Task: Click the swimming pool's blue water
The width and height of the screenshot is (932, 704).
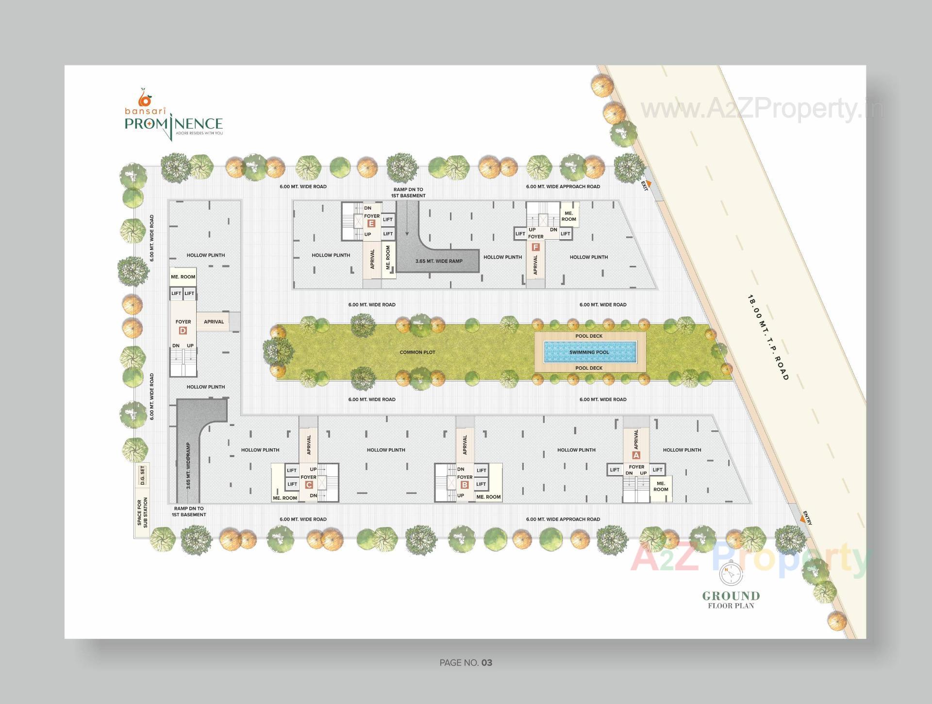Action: click(x=589, y=352)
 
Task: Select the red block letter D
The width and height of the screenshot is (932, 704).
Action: click(x=183, y=331)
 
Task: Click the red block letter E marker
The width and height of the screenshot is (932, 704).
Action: click(x=371, y=224)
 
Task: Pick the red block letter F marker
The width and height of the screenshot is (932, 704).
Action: click(x=535, y=247)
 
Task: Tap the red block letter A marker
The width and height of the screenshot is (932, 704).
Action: click(x=636, y=455)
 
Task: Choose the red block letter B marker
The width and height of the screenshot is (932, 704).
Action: click(x=465, y=485)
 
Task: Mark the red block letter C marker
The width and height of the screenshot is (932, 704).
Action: click(x=309, y=485)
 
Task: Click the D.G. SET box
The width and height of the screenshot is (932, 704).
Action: click(x=142, y=475)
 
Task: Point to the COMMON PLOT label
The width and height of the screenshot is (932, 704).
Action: click(x=417, y=352)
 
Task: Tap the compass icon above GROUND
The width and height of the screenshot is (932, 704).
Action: click(x=731, y=575)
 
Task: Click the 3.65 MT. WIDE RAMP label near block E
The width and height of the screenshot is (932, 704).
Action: click(x=439, y=261)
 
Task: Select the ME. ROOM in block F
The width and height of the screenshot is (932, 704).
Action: click(x=568, y=216)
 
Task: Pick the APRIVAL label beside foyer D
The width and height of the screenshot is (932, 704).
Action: click(x=214, y=322)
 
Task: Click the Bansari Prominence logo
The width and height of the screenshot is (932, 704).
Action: click(x=173, y=115)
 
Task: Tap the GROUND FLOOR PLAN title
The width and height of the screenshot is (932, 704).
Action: click(x=731, y=599)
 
